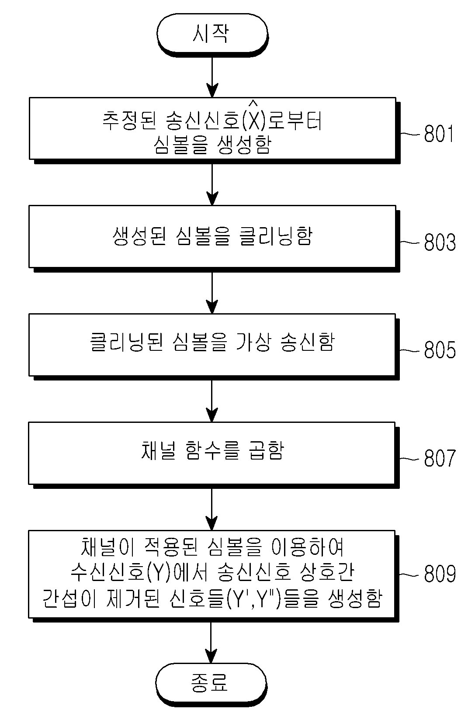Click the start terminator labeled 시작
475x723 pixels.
212,34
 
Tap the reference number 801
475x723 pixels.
438,134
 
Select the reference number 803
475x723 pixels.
440,242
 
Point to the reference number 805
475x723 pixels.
440,350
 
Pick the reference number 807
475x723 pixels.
440,458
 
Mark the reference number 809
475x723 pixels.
440,574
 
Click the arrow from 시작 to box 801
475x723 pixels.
212,77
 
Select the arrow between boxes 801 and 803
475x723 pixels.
212,185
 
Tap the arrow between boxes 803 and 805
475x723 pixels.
212,293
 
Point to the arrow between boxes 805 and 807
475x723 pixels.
212,401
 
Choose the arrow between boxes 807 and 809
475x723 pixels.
211,509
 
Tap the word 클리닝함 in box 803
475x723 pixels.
276,236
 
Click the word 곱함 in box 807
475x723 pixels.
267,450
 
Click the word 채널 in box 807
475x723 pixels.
159,450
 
